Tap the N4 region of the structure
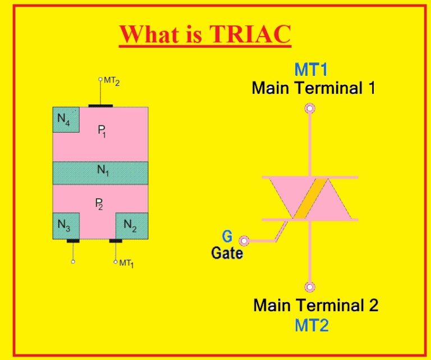(x=66, y=119)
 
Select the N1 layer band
(x=100, y=173)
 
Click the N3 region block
(x=66, y=226)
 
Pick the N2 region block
(x=132, y=226)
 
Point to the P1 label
(x=102, y=131)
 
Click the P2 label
(x=99, y=205)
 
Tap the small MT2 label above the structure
(x=111, y=82)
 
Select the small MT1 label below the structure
(x=126, y=263)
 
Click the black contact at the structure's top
(x=100, y=105)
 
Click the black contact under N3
(x=73, y=241)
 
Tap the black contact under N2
(x=116, y=241)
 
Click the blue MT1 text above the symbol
(x=311, y=70)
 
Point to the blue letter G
(x=227, y=236)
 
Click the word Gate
(x=227, y=253)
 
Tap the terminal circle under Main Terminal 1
(x=309, y=108)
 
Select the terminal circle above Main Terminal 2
(x=309, y=287)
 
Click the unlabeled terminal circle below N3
(x=73, y=262)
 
